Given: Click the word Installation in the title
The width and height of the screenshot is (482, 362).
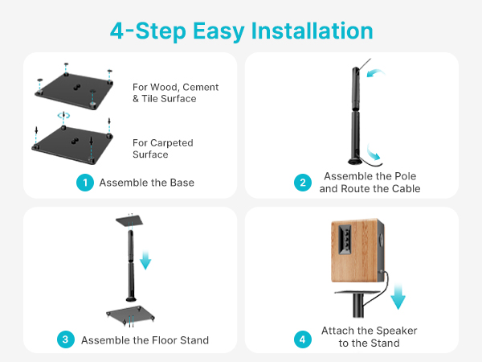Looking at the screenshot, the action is click(x=312, y=31).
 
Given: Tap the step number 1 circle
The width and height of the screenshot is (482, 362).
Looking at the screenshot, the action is click(x=85, y=183).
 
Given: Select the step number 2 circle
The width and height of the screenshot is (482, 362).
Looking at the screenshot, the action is click(x=303, y=183).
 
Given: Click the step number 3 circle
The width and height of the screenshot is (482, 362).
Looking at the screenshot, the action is click(x=66, y=339).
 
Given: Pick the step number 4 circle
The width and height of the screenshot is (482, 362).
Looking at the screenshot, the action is click(x=303, y=339).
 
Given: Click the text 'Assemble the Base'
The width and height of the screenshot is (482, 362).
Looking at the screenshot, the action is click(x=147, y=183).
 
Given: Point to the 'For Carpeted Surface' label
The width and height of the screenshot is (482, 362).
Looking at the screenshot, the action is click(x=163, y=148).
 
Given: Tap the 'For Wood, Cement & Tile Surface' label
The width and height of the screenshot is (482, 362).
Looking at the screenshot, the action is click(x=175, y=93).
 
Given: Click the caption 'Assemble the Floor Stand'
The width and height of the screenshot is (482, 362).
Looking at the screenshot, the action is click(x=145, y=340).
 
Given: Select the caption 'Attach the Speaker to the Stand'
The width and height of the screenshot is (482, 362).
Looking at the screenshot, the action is click(x=370, y=337).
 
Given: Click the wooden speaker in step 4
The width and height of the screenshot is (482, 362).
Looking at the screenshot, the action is click(x=357, y=250).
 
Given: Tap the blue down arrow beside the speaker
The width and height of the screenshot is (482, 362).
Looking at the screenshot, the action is click(x=398, y=296).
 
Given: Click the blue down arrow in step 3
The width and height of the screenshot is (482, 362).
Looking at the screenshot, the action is click(x=145, y=260).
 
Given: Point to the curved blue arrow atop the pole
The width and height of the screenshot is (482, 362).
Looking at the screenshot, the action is click(x=376, y=72).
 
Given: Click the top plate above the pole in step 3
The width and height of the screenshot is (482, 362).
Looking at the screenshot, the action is click(x=129, y=221).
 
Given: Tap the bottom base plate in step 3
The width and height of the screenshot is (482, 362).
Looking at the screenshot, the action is click(x=130, y=315).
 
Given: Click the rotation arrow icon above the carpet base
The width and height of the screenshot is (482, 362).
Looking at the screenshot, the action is click(x=63, y=116).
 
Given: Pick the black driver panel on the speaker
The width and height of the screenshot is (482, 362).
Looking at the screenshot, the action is click(x=345, y=239).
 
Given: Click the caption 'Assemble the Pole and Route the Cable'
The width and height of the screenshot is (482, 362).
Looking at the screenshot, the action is click(x=370, y=183).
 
